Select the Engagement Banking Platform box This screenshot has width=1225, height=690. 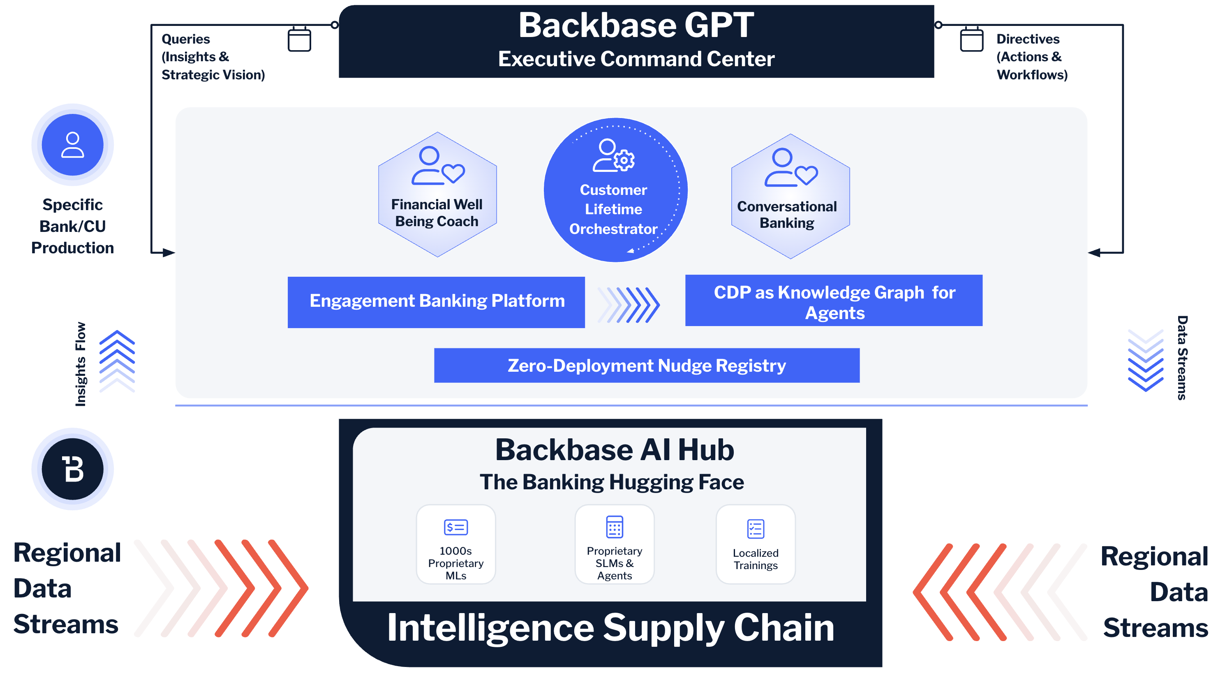pos(436,302)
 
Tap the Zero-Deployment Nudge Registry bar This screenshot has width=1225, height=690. pos(646,365)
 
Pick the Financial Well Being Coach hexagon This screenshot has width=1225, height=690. pos(437,195)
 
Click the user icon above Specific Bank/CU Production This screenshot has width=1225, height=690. pos(73,145)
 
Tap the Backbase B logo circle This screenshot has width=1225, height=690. pos(73,469)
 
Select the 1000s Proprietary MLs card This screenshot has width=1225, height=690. pos(455,544)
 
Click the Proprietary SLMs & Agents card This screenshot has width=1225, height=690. pos(615,544)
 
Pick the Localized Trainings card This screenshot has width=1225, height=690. pos(755,544)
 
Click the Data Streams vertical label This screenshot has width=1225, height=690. pos(1182,358)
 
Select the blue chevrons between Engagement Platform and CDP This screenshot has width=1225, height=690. pos(629,305)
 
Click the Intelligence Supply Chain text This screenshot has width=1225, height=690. pos(610,628)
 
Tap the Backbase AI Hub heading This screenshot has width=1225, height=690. pos(615,450)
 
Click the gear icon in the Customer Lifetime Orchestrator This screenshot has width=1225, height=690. pos(624,160)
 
